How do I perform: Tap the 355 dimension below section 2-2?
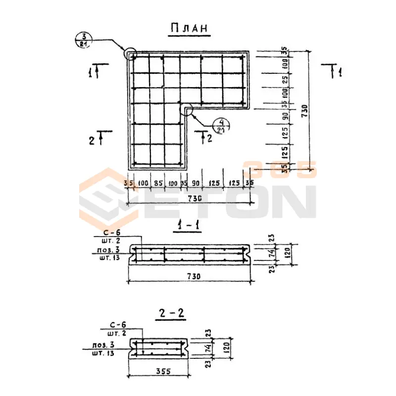tap(158, 371)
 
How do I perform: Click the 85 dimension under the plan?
tap(158, 184)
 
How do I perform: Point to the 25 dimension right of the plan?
tap(285, 79)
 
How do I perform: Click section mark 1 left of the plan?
tap(91, 73)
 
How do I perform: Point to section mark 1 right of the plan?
tap(339, 73)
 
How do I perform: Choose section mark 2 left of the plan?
tap(92, 140)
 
